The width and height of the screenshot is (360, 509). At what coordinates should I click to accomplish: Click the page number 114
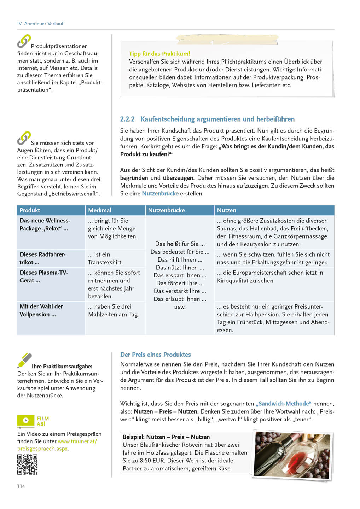coord(21,486)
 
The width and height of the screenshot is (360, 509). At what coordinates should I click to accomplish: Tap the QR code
coord(27,464)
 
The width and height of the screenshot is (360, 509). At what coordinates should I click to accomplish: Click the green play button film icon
coord(26,420)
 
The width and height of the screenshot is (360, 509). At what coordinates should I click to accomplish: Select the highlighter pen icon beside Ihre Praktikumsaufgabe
coord(24,360)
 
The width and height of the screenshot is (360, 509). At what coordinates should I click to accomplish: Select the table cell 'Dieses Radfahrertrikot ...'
coord(42,258)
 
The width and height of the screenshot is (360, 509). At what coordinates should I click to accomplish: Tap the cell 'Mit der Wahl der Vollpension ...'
coord(41,310)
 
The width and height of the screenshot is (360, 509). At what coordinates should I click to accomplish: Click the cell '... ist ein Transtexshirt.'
coord(105,258)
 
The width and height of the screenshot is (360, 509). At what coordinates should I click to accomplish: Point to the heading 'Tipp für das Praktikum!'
coord(159,54)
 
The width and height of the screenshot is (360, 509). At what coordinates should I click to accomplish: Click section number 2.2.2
coord(127,119)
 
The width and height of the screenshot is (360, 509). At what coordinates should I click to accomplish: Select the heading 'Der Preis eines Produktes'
coord(156,355)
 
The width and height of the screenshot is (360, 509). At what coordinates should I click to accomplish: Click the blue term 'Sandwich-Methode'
coord(283,404)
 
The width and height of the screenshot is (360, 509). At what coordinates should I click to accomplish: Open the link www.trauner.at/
coord(77,441)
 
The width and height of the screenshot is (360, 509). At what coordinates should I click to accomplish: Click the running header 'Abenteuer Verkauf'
coord(44,24)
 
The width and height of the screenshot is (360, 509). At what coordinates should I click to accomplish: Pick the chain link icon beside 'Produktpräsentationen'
coord(24,41)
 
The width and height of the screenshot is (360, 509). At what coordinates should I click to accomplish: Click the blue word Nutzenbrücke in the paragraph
coord(160,194)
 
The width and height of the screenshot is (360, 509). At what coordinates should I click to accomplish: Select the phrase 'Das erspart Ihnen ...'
coord(180,275)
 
